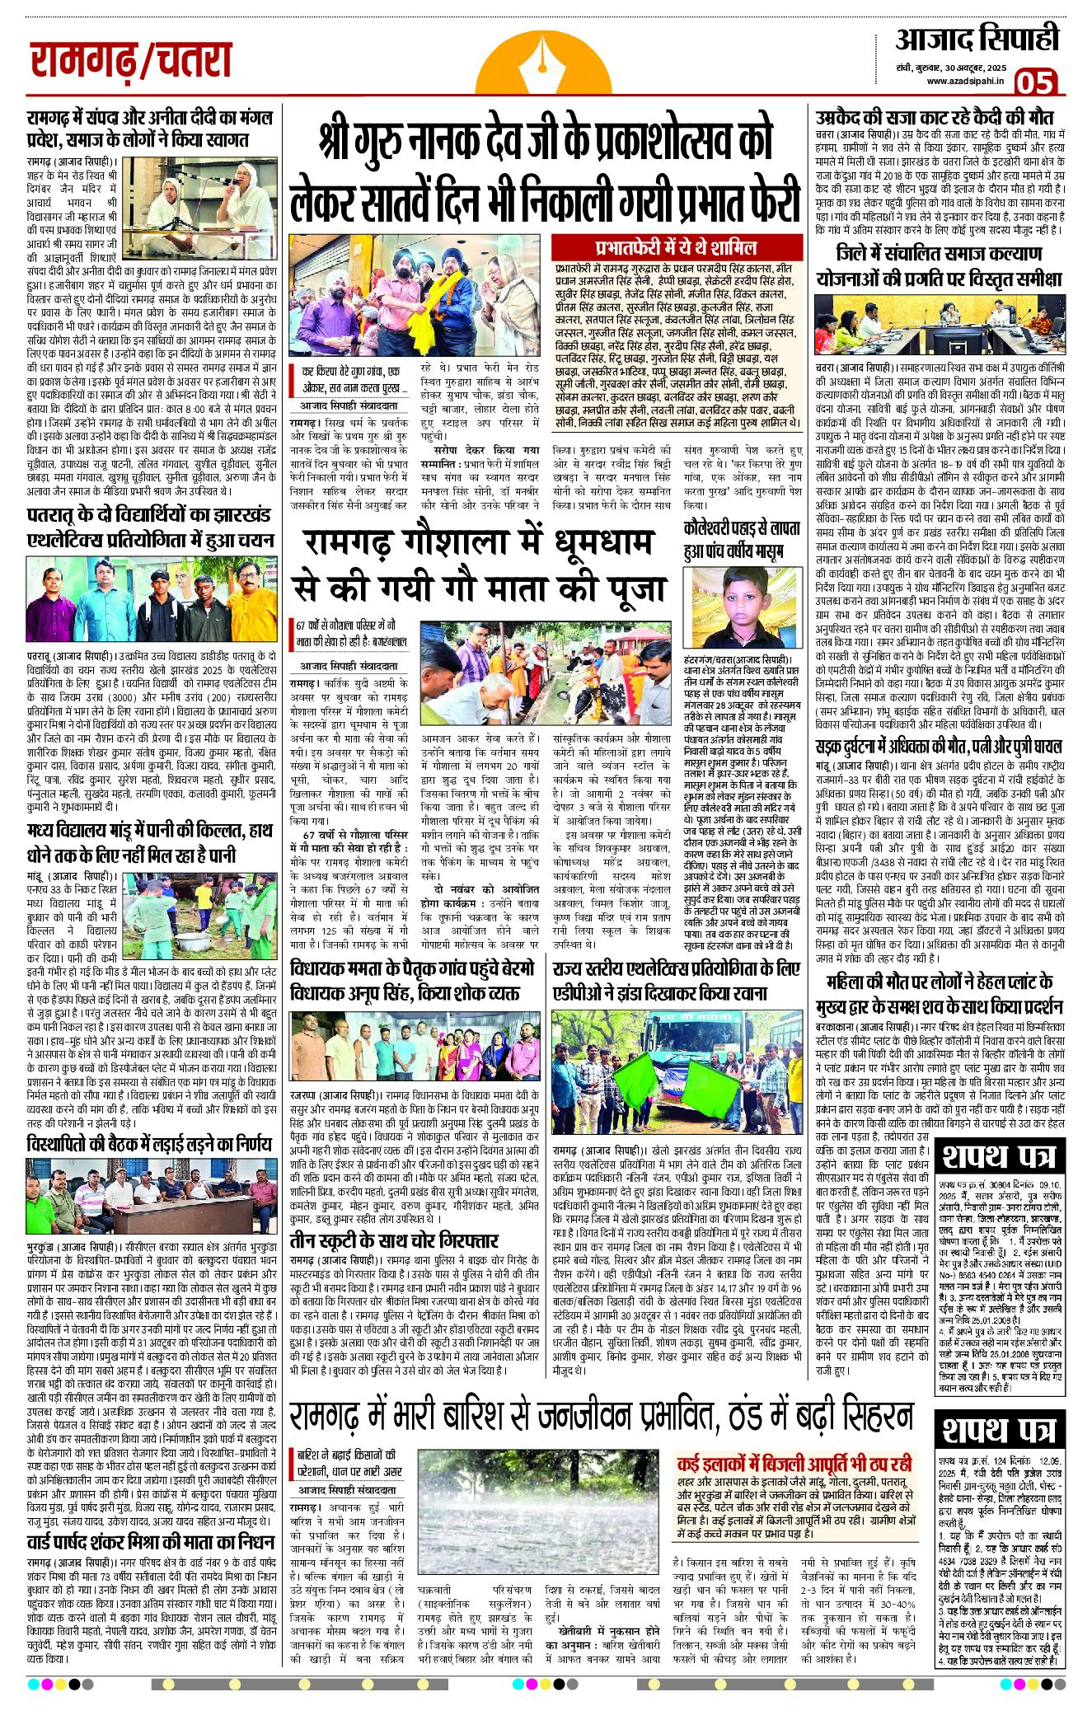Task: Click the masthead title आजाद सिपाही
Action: [x=977, y=39]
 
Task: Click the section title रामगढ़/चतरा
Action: [x=131, y=61]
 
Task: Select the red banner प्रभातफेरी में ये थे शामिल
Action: [x=676, y=247]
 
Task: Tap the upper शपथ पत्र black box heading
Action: [x=999, y=1156]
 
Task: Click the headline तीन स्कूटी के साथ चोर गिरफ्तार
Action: [x=394, y=1240]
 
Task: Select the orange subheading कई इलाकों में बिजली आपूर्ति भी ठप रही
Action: [x=794, y=1464]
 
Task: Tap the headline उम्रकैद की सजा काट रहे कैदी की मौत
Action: [x=934, y=117]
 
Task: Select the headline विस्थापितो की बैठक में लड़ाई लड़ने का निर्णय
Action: [x=149, y=1144]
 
